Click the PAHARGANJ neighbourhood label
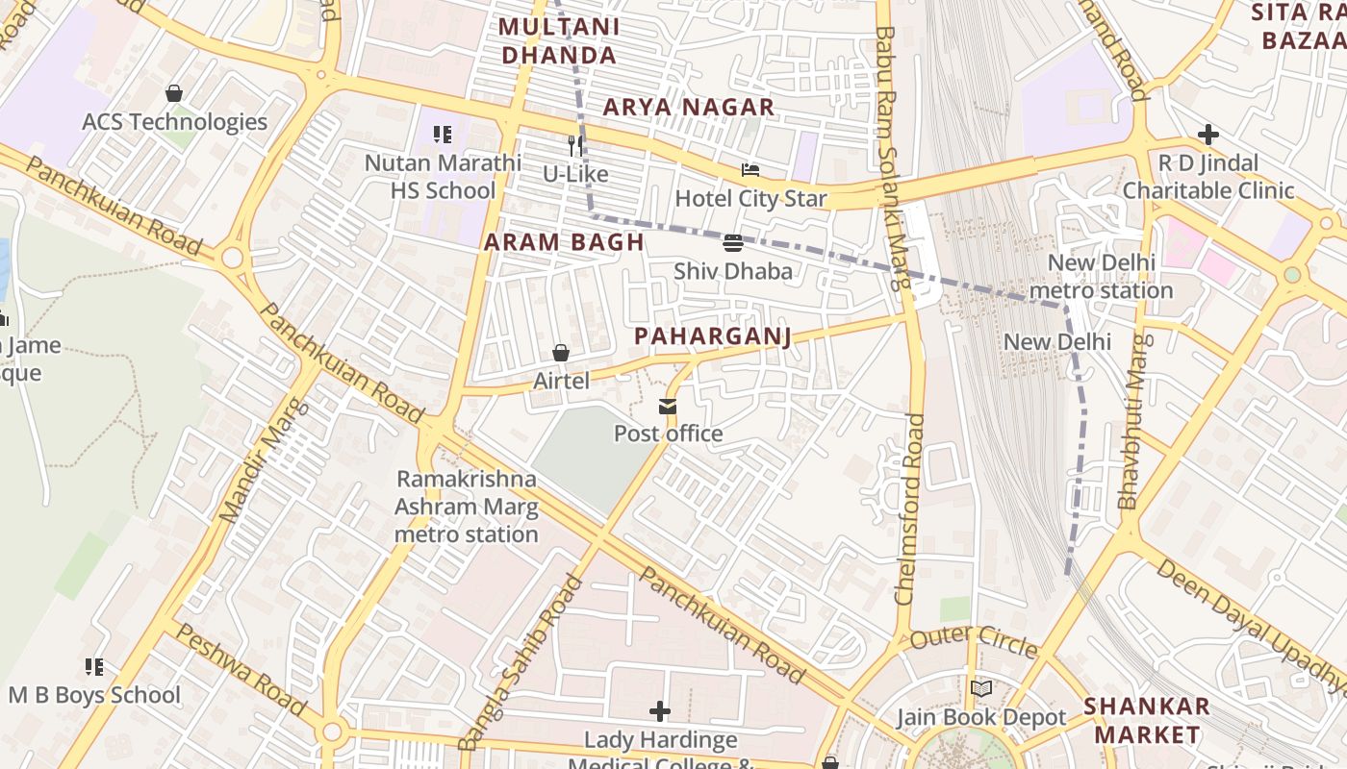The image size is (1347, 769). (x=712, y=336)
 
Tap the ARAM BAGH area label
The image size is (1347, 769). (x=564, y=242)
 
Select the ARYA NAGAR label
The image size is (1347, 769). (x=689, y=108)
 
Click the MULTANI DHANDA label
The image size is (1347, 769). (x=559, y=41)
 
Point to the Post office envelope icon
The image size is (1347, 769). (x=668, y=407)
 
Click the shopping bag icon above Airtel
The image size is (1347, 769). (x=561, y=354)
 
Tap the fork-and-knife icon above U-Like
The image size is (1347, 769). (x=575, y=145)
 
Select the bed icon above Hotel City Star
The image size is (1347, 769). (x=750, y=171)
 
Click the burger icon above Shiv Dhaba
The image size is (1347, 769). (x=733, y=243)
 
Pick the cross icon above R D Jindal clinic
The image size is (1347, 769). (x=1208, y=135)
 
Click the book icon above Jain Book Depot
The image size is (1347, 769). (x=981, y=688)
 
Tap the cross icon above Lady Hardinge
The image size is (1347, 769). (x=660, y=711)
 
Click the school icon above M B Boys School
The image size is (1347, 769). (x=94, y=666)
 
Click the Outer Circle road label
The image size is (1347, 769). (x=974, y=640)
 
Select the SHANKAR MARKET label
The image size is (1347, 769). (x=1146, y=720)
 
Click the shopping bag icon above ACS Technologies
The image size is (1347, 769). (x=174, y=93)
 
